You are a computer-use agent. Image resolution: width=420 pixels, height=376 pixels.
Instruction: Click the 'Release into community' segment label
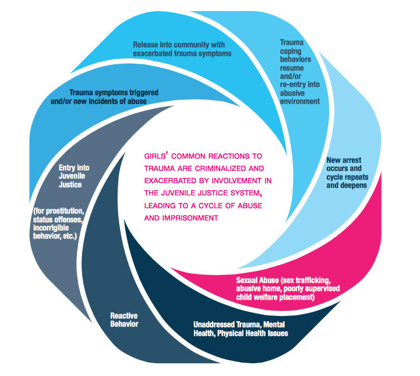tap(182, 48)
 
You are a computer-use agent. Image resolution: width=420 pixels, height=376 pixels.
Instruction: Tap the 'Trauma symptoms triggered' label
tap(114, 96)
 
